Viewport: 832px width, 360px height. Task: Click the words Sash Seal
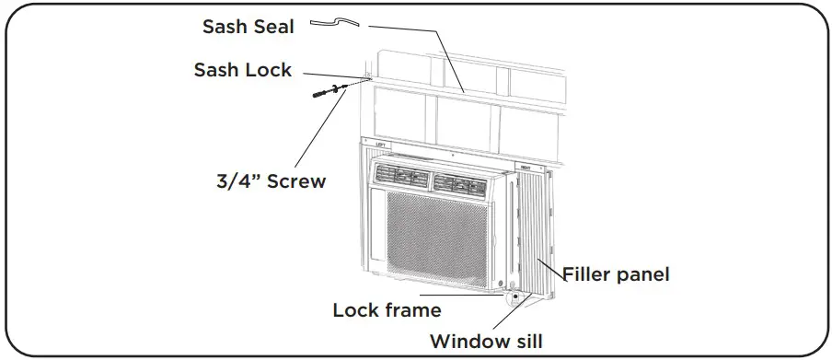pos(248,27)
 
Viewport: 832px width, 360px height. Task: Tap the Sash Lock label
pos(242,70)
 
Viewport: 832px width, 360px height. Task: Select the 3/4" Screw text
pos(265,180)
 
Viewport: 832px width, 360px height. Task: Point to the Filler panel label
pos(615,273)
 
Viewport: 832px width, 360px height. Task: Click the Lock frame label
pos(387,310)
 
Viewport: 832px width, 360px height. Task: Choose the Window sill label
pos(489,342)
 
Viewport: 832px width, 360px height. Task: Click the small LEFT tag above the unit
pos(378,145)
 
